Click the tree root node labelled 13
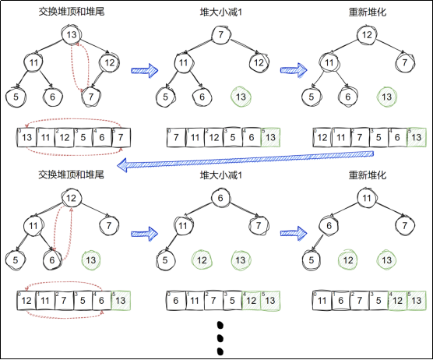click(72, 36)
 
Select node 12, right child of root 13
click(110, 62)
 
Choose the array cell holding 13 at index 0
click(26, 138)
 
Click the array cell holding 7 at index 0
click(177, 138)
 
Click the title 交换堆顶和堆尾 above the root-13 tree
click(71, 12)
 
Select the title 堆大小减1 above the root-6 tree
click(220, 175)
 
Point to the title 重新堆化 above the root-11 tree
click(367, 175)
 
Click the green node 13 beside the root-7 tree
click(241, 97)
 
